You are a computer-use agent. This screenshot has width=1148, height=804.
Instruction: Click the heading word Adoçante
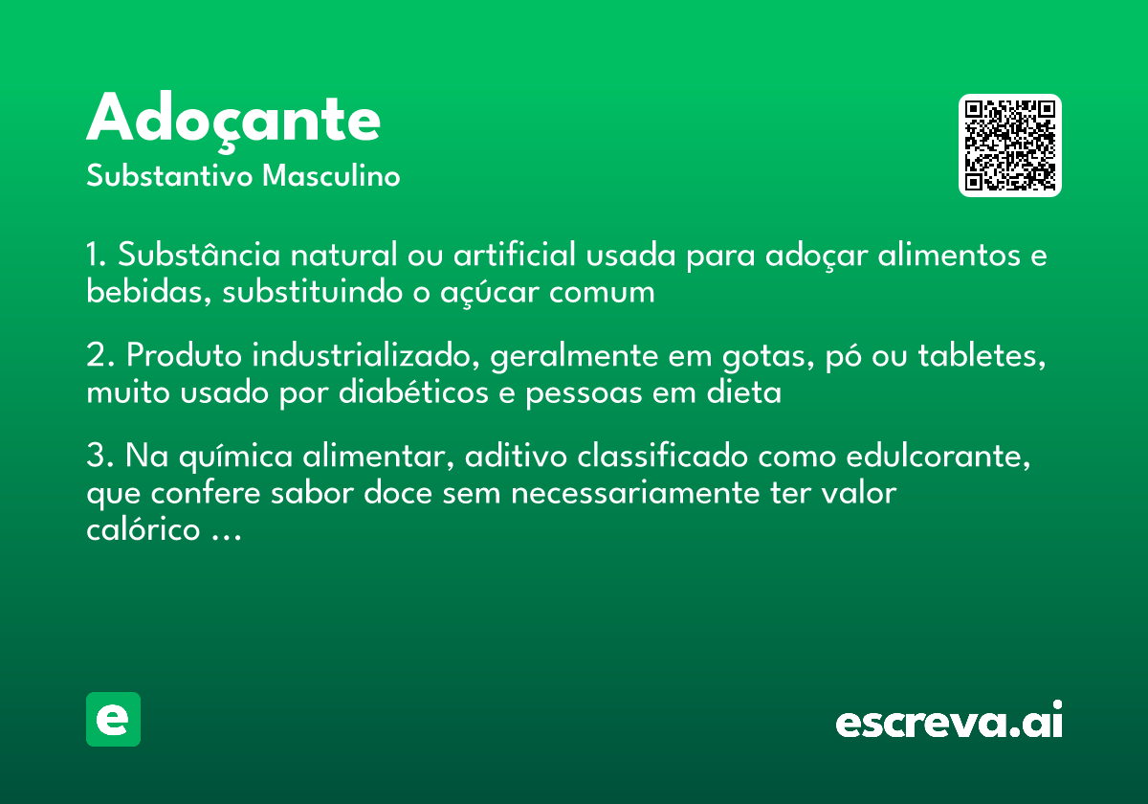click(x=233, y=121)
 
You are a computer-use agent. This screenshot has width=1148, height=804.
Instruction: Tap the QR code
click(x=1010, y=145)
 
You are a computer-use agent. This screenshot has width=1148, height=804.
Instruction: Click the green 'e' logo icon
click(x=113, y=719)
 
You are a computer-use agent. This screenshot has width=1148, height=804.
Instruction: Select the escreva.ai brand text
click(x=949, y=721)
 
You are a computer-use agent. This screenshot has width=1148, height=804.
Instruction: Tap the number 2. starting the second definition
click(x=99, y=356)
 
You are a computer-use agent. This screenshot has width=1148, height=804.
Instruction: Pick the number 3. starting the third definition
click(x=99, y=457)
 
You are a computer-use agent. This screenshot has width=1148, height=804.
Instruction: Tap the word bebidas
click(x=145, y=293)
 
